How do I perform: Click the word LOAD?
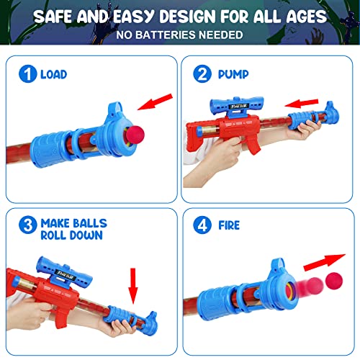pyautogui.click(x=53, y=74)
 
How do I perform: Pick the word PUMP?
pyautogui.click(x=235, y=74)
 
